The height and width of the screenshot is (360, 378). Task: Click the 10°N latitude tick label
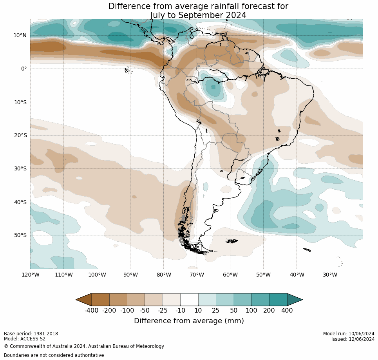pos(20,35)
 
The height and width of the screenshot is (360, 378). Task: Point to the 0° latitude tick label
pos(24,69)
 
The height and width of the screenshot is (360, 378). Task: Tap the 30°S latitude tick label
pos(20,168)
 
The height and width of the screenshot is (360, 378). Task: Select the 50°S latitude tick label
pos(20,235)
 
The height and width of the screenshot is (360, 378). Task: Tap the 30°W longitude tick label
pos(330,275)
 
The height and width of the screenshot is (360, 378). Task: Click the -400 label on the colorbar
pos(91,311)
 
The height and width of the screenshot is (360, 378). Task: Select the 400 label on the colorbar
pos(287,311)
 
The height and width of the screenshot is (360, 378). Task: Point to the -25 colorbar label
pos(163,311)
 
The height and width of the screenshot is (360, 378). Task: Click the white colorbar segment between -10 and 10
pos(189,300)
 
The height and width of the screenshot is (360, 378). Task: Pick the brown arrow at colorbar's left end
pos(84,300)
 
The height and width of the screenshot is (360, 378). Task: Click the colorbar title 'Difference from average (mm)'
pos(189,321)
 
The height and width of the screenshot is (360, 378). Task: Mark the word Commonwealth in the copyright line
pos(25,346)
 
